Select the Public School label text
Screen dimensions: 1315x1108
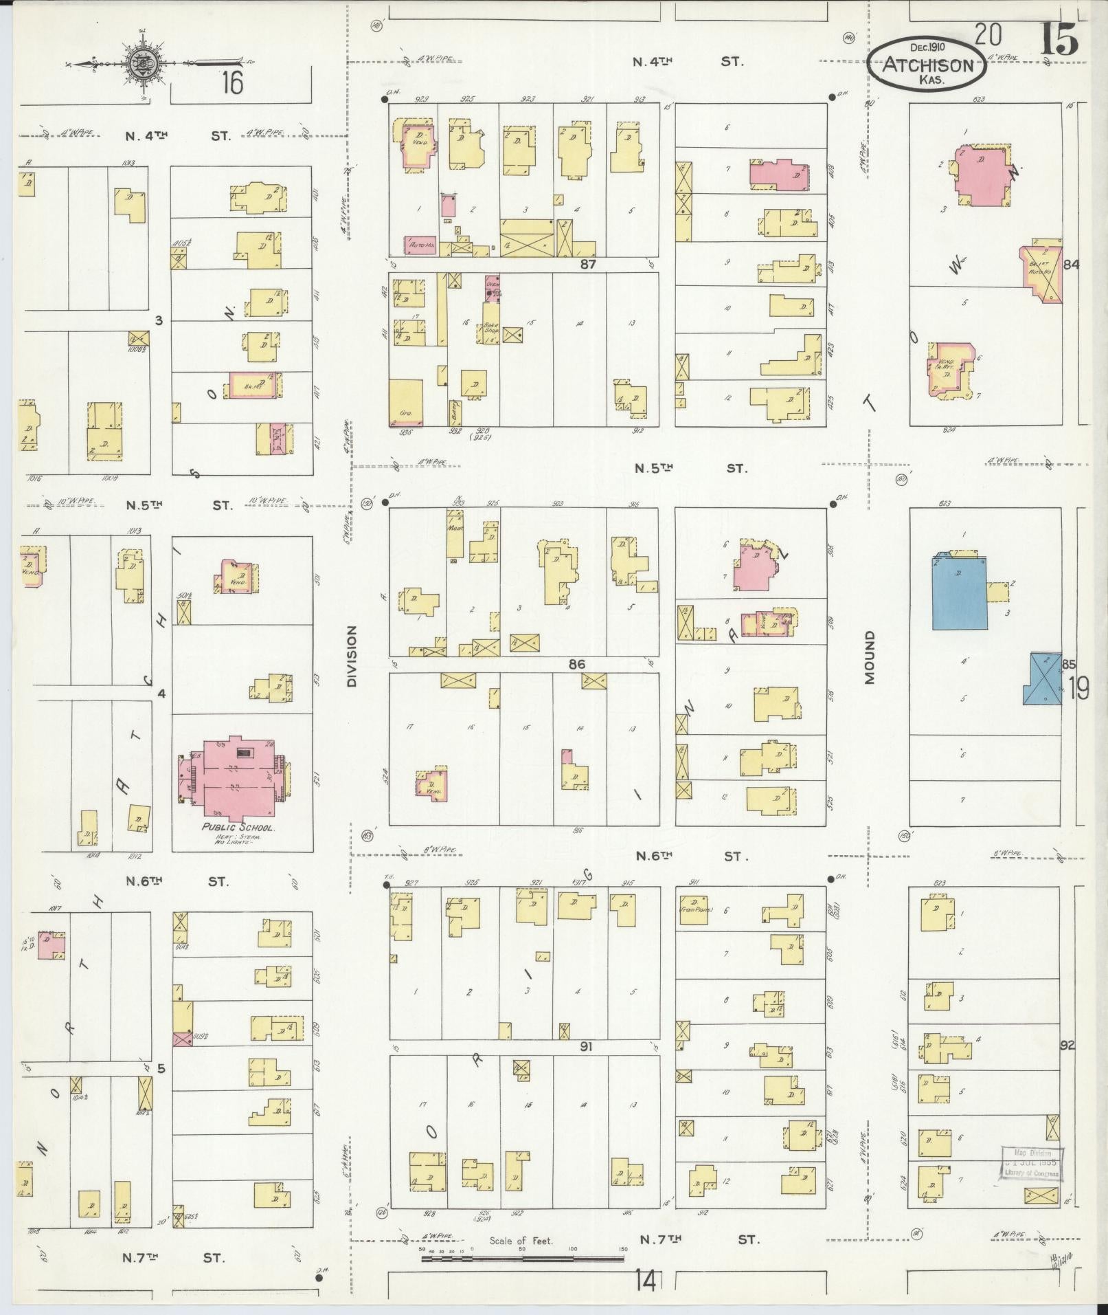[x=238, y=828]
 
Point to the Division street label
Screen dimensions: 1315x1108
[x=353, y=656]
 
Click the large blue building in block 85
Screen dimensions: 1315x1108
[x=959, y=592]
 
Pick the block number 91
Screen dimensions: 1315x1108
[x=586, y=1066]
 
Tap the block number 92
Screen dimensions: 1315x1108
[x=1067, y=1065]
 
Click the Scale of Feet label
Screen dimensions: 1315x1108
[x=521, y=1241]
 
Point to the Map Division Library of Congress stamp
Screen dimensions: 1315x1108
[x=1031, y=1164]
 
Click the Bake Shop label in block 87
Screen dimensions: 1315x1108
[x=490, y=327]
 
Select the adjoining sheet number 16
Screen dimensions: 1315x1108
[x=231, y=84]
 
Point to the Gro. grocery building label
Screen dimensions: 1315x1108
[x=405, y=414]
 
